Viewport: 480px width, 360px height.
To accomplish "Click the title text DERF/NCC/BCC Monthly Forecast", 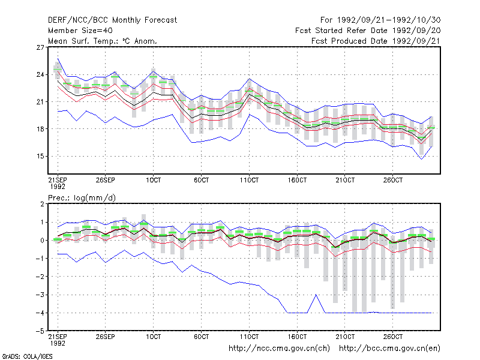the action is [112, 20].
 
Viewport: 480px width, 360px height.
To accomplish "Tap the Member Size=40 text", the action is [80, 31].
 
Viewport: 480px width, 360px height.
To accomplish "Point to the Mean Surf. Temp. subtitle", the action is [103, 41].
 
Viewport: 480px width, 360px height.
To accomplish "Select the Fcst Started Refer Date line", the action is [368, 31].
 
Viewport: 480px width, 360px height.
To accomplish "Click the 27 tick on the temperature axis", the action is [40, 47].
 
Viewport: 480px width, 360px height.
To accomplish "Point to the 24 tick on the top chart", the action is [40, 74].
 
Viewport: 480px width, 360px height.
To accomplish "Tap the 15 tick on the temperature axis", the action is [40, 156].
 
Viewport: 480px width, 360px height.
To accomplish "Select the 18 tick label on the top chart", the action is [40, 129].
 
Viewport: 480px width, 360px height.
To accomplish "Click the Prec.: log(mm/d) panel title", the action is [82, 198].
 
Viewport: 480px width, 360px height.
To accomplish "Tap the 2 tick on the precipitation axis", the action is [42, 204].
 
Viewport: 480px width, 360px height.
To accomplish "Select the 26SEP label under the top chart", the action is [106, 180].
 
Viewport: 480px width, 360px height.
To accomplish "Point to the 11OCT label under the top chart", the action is [249, 180].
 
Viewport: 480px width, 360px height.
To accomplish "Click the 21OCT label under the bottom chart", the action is [345, 337].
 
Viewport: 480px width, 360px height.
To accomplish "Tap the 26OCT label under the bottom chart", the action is [393, 337].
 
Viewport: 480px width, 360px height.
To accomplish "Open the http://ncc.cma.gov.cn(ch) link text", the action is [279, 349].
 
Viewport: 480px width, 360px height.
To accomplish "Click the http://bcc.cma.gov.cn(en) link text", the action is [389, 349].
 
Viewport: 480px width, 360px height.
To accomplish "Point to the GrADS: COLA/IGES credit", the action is [27, 356].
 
